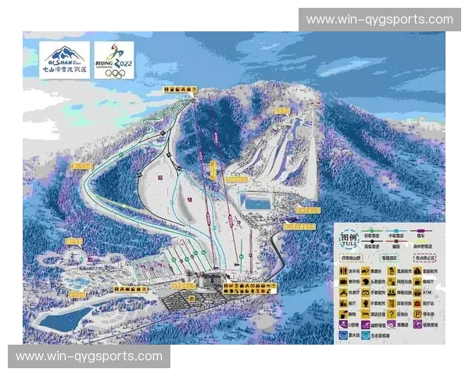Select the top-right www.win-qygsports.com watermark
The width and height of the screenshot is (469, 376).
[379, 20]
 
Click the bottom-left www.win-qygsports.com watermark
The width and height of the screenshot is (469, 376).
[89, 356]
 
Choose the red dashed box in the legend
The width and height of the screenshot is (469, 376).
[423, 256]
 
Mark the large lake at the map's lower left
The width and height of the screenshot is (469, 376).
[63, 318]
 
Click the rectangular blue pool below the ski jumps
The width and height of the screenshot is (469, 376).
[254, 202]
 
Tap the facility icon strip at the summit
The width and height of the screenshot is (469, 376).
[180, 90]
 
